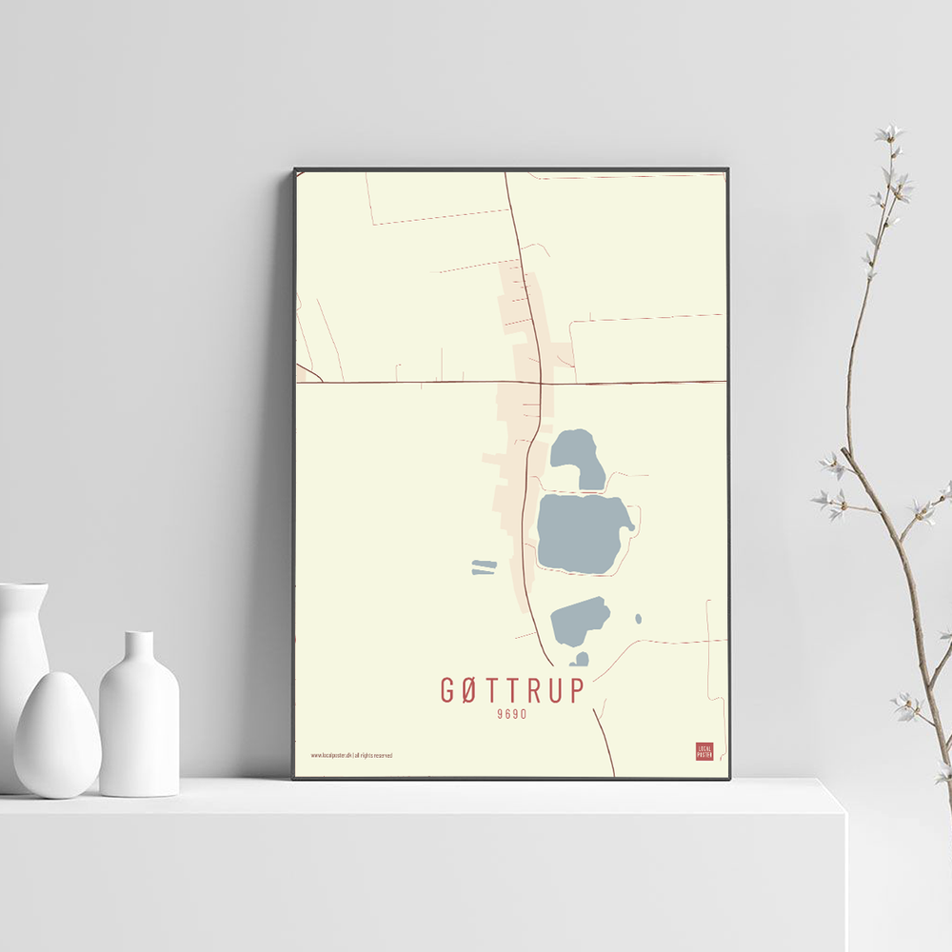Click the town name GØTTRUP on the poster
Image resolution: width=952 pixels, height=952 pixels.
click(512, 690)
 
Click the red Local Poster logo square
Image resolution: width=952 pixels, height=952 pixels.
click(704, 751)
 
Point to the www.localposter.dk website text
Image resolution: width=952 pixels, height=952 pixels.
click(330, 755)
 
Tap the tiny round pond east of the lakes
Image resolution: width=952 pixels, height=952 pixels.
click(638, 619)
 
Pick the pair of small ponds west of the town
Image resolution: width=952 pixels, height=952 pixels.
click(484, 567)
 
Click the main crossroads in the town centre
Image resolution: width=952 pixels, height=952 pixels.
click(541, 383)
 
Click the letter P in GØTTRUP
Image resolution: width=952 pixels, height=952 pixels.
click(578, 690)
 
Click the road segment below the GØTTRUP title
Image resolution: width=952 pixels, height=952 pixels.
click(604, 743)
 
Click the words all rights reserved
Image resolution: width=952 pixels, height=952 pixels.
click(374, 755)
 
